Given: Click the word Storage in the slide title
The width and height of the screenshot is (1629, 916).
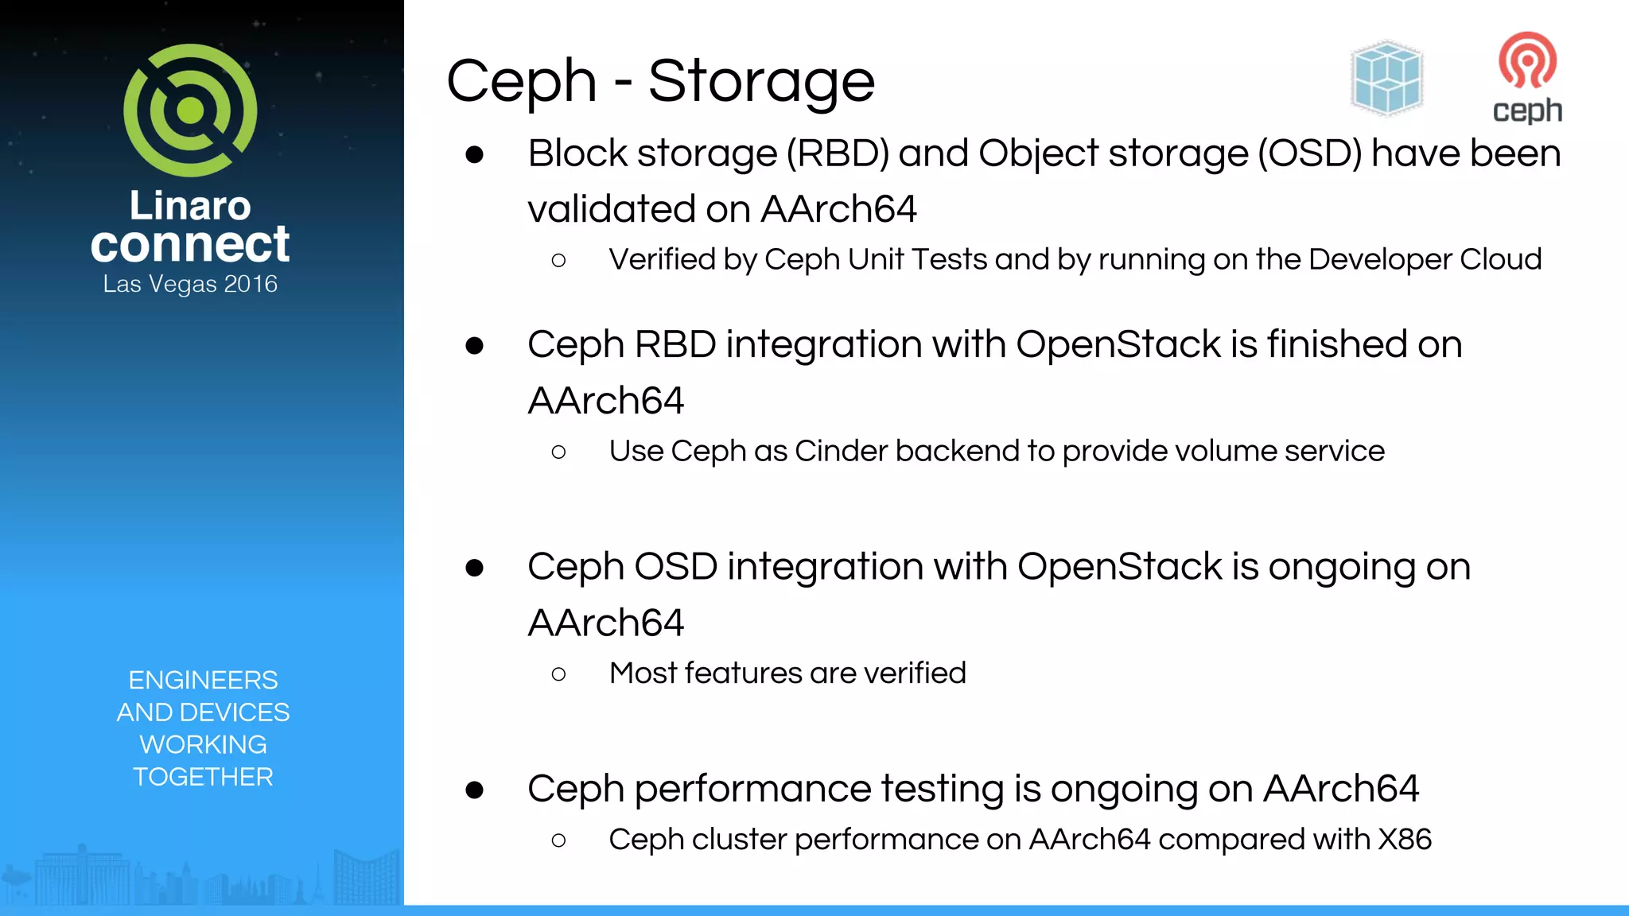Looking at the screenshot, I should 761,82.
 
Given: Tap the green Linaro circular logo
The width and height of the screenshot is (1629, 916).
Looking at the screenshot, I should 190,110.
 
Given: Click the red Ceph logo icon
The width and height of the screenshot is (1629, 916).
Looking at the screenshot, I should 1527,60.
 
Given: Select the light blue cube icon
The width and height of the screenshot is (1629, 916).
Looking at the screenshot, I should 1386,78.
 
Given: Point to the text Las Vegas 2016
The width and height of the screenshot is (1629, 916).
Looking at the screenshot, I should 190,284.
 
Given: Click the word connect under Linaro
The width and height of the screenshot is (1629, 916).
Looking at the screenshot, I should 190,244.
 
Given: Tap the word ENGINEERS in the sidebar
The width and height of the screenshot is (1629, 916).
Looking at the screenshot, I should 203,680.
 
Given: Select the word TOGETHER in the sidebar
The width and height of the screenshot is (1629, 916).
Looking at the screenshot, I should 203,777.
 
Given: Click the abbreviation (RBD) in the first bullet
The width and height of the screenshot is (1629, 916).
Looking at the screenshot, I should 838,153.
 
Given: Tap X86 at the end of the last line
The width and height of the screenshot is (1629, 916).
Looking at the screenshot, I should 1405,840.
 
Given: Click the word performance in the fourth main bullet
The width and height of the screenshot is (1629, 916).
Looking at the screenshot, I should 752,790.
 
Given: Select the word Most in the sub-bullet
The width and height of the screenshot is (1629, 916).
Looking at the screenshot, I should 642,673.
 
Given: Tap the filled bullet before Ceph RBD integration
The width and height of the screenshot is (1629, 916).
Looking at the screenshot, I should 475,346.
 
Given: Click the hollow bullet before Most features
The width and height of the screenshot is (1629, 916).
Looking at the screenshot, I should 558,674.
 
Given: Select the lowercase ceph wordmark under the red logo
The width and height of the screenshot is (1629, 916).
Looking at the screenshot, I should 1527,111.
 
